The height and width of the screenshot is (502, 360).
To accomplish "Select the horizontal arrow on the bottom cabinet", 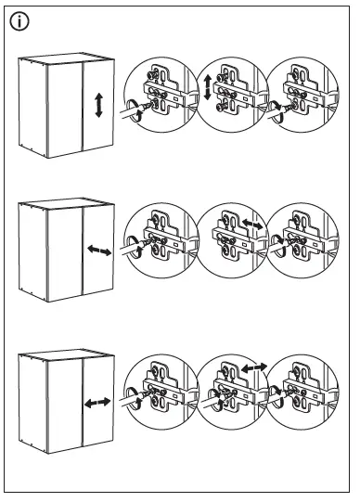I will tap(97, 403).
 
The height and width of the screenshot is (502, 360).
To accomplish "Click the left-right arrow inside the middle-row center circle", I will tap(251, 225).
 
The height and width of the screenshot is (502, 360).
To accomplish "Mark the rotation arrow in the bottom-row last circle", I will tap(276, 401).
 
